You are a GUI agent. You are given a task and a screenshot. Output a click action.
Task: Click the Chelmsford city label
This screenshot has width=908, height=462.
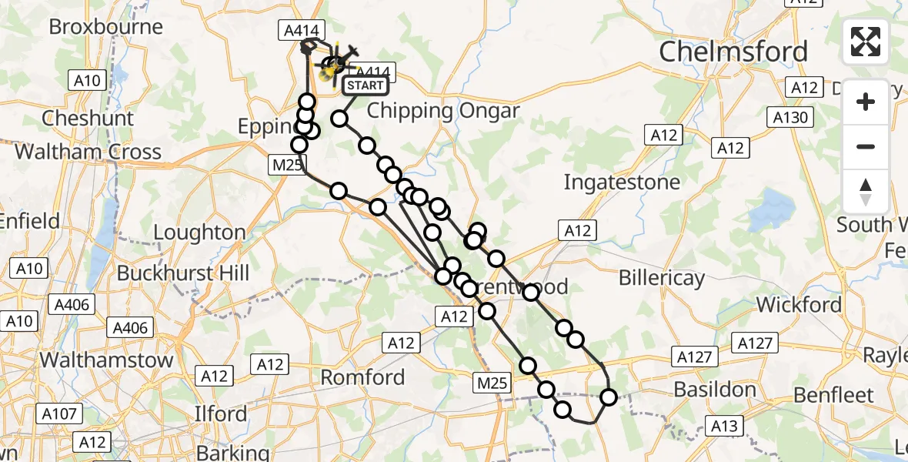[x=734, y=52]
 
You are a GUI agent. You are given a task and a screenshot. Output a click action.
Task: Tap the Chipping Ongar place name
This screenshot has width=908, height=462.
[x=443, y=110]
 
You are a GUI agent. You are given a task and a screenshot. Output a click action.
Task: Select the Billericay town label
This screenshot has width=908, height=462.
[x=660, y=278]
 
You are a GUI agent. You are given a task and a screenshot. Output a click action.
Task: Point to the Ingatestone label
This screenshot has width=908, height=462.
[x=622, y=182]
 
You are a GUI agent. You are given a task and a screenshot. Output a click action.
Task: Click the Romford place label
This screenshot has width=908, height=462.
[x=362, y=377]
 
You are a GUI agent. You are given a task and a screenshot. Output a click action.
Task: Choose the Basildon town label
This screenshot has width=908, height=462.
[x=715, y=390]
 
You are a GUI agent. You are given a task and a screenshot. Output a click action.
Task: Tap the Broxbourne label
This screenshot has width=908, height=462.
[x=106, y=27]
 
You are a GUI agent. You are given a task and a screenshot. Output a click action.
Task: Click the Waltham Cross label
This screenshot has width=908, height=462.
[x=88, y=151]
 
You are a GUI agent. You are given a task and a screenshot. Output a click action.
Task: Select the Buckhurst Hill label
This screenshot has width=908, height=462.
[x=183, y=273]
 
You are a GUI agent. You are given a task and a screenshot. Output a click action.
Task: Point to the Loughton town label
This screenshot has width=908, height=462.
[x=199, y=232]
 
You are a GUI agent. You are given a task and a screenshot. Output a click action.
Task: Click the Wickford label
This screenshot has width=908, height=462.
[x=799, y=305]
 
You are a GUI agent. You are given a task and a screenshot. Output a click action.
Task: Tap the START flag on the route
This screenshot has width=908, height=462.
[x=363, y=85]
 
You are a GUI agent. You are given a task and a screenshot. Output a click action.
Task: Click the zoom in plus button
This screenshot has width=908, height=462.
[x=866, y=102]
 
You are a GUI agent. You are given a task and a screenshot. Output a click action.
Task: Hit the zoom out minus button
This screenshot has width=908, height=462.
[x=866, y=146]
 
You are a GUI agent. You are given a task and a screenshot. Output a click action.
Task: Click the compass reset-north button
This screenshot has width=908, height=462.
[x=866, y=192]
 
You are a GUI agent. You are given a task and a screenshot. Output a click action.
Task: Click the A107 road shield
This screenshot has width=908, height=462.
[x=59, y=414]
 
